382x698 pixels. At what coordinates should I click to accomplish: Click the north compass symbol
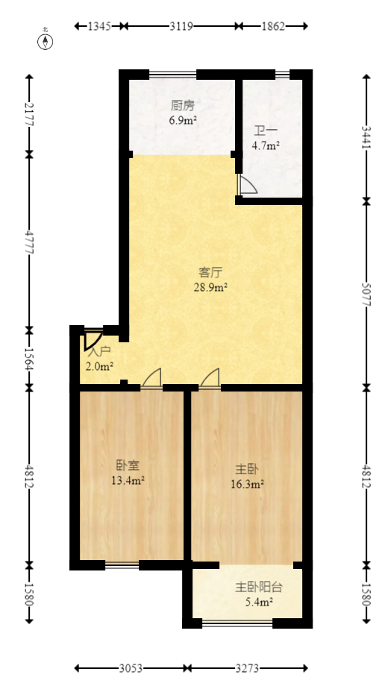tap(46, 41)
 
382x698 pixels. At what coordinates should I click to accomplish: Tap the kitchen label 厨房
tap(182, 105)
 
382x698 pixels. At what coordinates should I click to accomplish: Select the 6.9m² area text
tap(182, 120)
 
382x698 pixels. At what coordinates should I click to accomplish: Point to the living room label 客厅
tap(212, 271)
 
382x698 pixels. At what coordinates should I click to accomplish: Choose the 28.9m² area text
tap(212, 286)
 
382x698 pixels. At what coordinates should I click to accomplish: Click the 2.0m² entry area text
tap(99, 366)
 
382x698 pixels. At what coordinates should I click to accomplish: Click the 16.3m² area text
tap(248, 484)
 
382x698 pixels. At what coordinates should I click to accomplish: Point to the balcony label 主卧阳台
tap(259, 587)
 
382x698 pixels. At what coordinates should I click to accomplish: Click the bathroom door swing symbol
tap(246, 186)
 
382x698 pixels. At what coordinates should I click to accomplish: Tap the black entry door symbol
tap(93, 340)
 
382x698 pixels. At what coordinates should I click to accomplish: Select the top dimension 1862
tap(273, 26)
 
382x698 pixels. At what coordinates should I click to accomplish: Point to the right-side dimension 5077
tap(366, 294)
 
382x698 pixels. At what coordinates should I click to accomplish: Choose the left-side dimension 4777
tap(29, 242)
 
